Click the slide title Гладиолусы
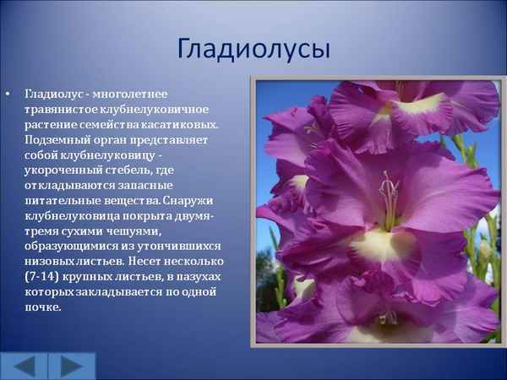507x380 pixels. [x=253, y=48]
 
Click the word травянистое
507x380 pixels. [x=61, y=108]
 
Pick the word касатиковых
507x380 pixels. [x=181, y=123]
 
